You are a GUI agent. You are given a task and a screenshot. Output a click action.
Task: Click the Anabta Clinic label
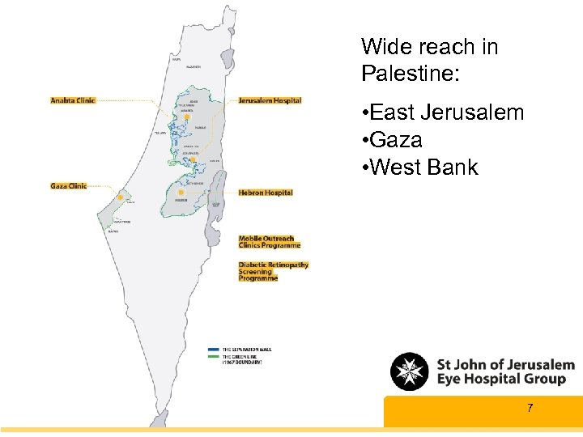(x=73, y=100)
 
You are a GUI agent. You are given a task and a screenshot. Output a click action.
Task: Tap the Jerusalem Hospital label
(x=270, y=100)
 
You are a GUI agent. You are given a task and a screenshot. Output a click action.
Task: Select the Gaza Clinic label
(x=69, y=186)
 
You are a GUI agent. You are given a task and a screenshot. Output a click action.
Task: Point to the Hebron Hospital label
(x=266, y=193)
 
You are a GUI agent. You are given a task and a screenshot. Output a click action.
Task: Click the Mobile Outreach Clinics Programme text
(x=270, y=242)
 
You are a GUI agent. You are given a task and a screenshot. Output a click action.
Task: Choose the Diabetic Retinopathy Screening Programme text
(x=273, y=271)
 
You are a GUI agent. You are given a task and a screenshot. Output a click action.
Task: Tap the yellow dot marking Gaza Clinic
(x=121, y=197)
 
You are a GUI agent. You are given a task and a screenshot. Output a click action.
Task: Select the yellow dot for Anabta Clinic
(x=187, y=117)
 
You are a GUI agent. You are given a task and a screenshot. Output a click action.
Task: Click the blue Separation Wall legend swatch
(x=213, y=349)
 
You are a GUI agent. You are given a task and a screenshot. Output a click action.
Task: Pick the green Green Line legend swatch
(x=213, y=356)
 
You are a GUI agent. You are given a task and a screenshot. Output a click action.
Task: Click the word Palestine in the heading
(x=411, y=74)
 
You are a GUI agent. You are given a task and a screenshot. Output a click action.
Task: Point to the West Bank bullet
(x=424, y=168)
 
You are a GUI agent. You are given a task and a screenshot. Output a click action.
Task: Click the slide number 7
(x=530, y=408)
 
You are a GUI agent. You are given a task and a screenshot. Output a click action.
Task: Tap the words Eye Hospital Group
(x=500, y=379)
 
